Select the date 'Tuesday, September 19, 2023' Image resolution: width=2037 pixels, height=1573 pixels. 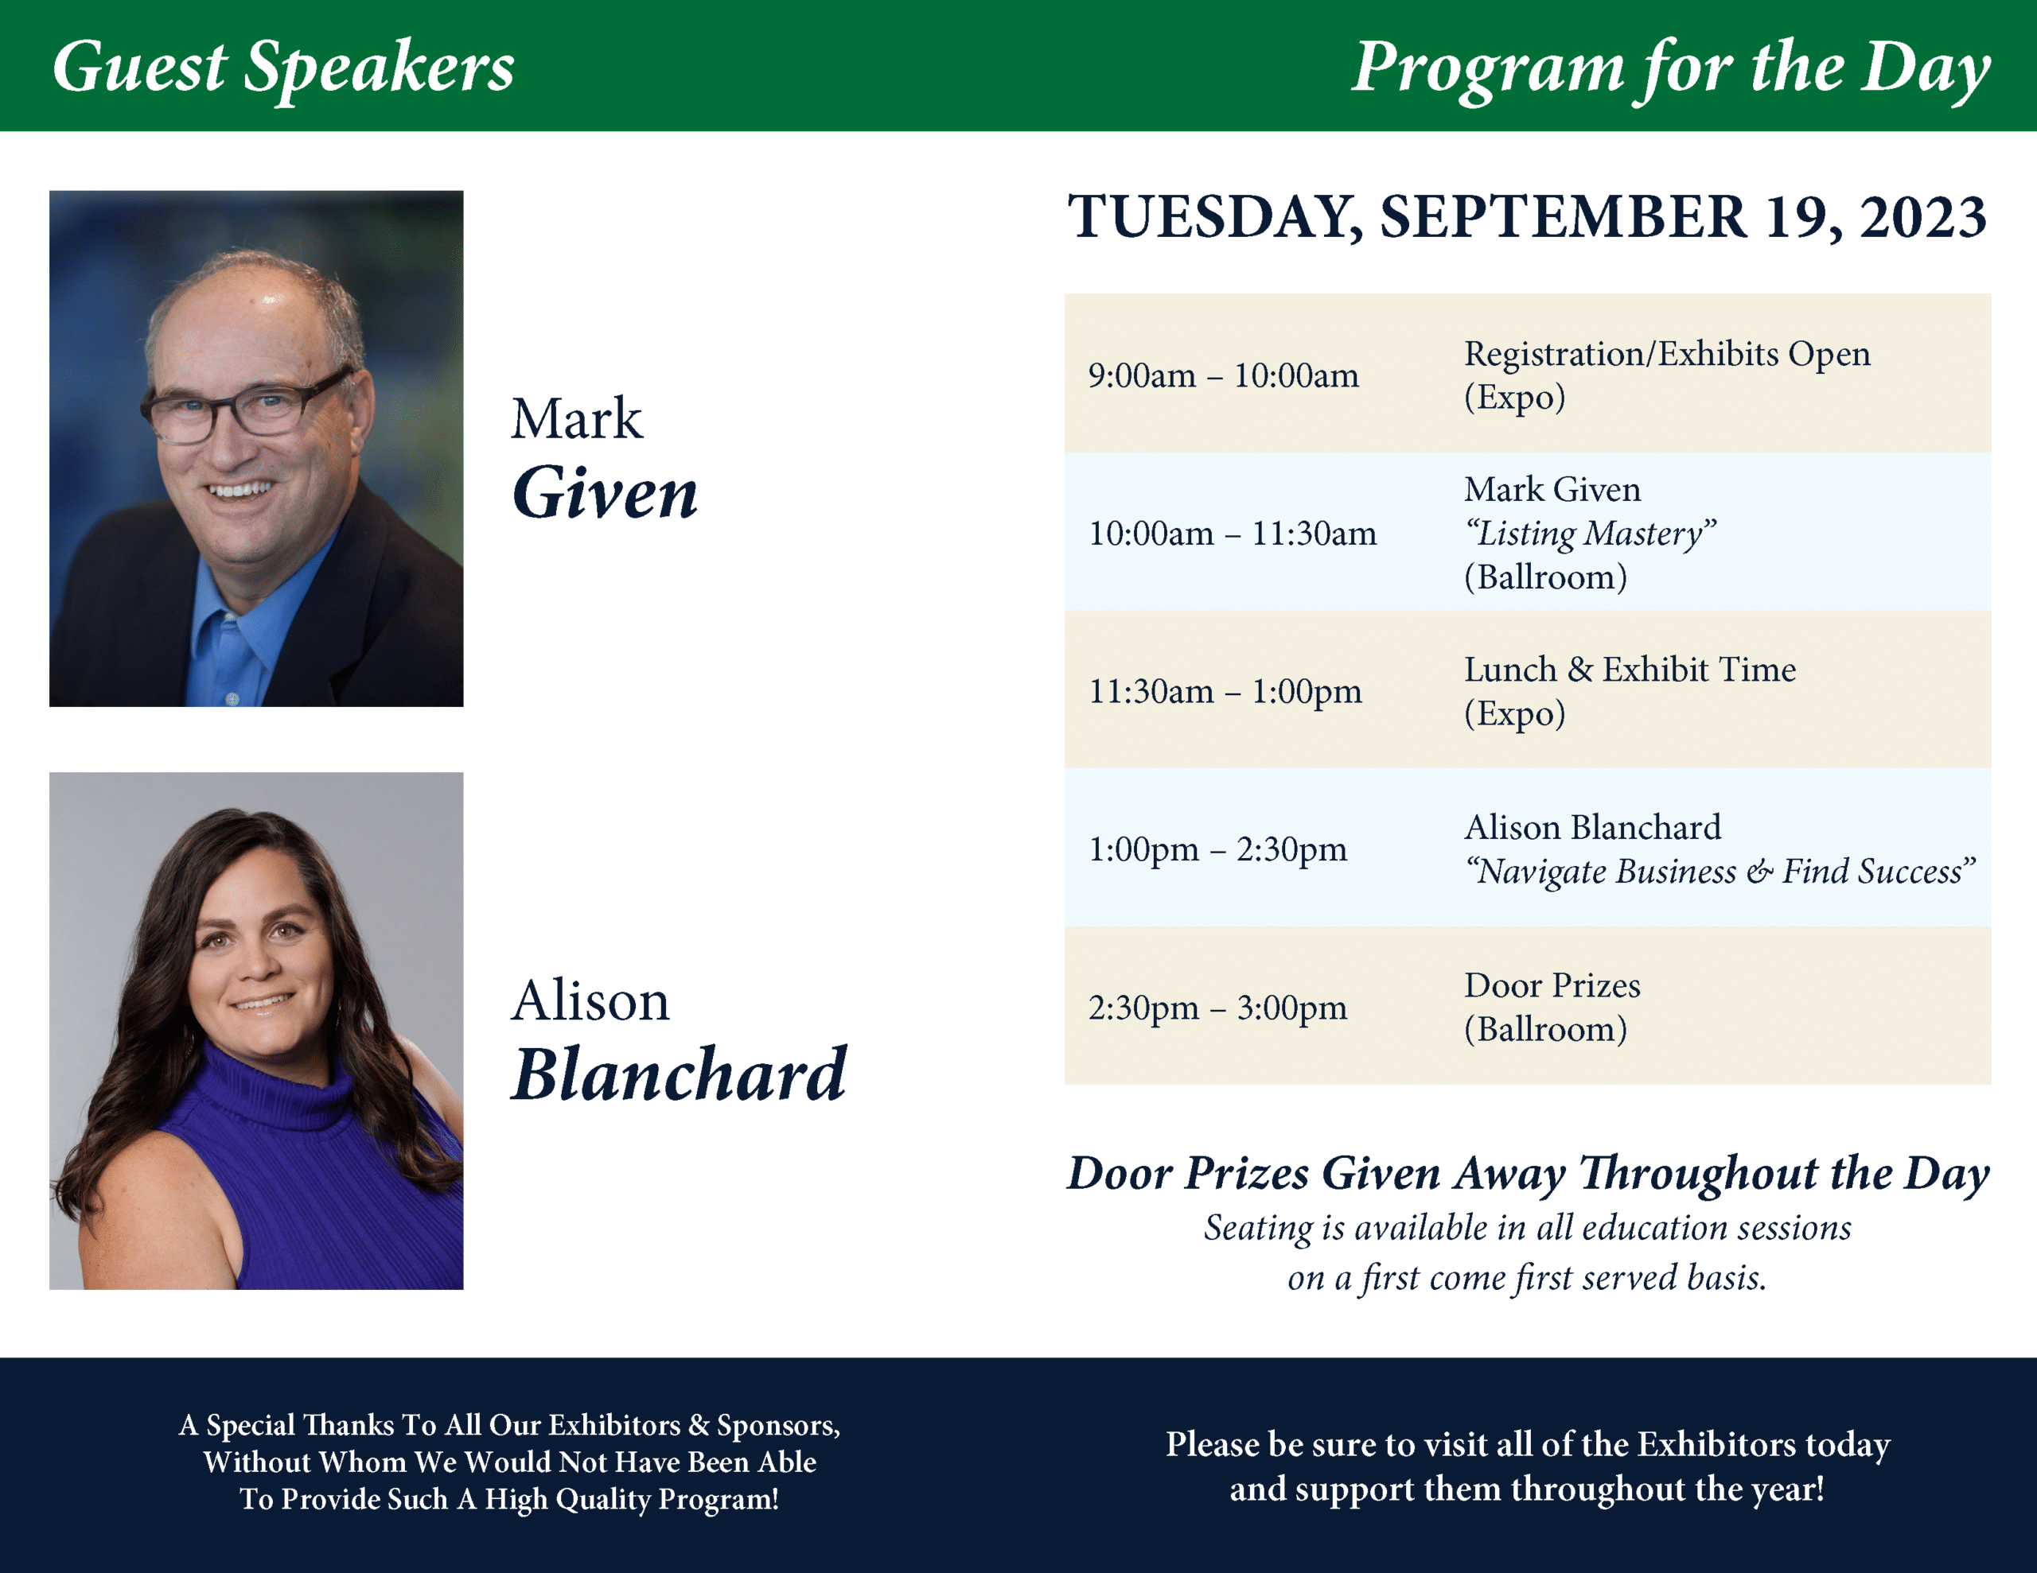(1527, 217)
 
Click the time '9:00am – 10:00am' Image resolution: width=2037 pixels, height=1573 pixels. (1223, 376)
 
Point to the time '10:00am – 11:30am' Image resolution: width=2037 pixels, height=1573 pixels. (1232, 534)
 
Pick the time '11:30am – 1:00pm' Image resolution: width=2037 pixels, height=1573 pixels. (1225, 692)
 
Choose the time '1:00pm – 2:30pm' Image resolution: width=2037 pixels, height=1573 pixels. (1217, 850)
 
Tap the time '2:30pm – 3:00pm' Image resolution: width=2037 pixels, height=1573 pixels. (1217, 1008)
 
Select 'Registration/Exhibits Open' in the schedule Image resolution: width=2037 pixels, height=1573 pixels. (1667, 355)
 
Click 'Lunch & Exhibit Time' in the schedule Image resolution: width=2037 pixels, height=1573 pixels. (1630, 670)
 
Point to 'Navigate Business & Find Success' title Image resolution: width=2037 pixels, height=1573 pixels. (1720, 872)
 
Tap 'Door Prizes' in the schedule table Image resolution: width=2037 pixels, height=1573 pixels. (1552, 985)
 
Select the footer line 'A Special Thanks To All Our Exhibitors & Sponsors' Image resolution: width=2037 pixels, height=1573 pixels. (509, 1425)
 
